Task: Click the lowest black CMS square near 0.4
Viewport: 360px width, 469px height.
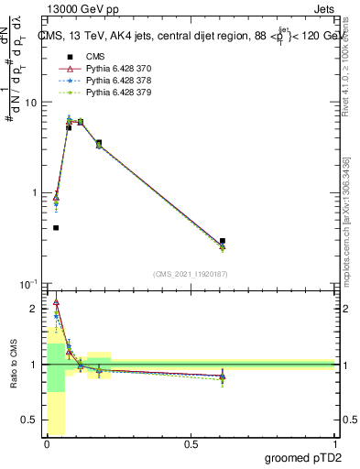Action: (x=56, y=227)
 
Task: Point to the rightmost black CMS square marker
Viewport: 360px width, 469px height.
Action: (x=223, y=241)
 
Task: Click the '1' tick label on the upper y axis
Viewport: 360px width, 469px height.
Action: (x=35, y=193)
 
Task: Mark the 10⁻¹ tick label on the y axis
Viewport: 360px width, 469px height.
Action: (x=30, y=284)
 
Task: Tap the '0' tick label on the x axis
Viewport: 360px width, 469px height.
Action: (x=47, y=444)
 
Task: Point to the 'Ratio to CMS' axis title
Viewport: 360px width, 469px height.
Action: (x=13, y=364)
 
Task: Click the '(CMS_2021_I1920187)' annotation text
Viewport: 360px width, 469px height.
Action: (x=190, y=273)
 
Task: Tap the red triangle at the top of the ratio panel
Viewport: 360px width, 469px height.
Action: (x=56, y=302)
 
